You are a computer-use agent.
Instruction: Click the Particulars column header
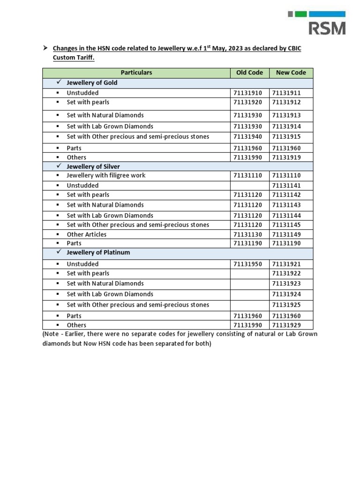(136, 73)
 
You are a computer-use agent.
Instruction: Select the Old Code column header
(249, 73)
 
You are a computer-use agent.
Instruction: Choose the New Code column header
(291, 73)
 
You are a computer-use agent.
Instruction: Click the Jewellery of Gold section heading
(92, 82)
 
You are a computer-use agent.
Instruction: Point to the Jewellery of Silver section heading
(93, 166)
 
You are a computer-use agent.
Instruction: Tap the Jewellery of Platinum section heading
(98, 252)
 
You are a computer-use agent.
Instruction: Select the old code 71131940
(248, 137)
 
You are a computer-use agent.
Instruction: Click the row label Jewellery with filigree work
(106, 175)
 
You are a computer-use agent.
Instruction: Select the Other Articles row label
(87, 234)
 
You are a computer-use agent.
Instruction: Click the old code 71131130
(248, 234)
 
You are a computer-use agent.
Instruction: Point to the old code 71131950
(248, 264)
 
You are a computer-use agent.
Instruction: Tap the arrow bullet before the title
(45, 48)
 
